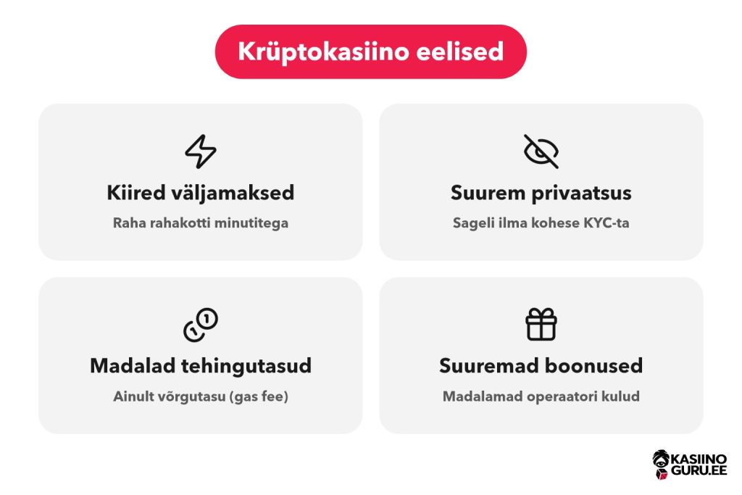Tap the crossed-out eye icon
(541, 151)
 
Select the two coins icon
(201, 325)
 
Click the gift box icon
(541, 325)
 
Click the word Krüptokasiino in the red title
(323, 51)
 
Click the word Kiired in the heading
(136, 193)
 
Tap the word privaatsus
(582, 194)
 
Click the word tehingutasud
(246, 366)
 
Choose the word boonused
(593, 366)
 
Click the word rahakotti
(180, 222)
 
